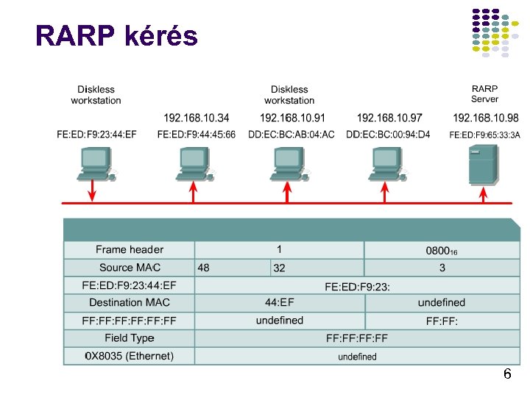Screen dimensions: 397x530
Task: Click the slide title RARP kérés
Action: pyautogui.click(x=116, y=35)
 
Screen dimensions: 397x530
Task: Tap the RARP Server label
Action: pyautogui.click(x=484, y=94)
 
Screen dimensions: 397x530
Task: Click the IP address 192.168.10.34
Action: pyautogui.click(x=196, y=118)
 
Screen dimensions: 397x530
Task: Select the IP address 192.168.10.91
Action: pyautogui.click(x=292, y=118)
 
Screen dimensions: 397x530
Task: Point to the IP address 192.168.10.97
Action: pyautogui.click(x=389, y=118)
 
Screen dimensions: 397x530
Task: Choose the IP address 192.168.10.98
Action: pyautogui.click(x=485, y=118)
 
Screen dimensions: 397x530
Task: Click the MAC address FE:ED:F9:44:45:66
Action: pyautogui.click(x=197, y=135)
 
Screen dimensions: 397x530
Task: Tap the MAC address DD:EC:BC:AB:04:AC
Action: pyautogui.click(x=291, y=135)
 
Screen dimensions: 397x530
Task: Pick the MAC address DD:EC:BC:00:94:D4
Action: pyautogui.click(x=388, y=135)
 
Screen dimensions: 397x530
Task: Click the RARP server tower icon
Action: pyautogui.click(x=484, y=165)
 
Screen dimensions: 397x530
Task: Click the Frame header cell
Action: pyautogui.click(x=130, y=250)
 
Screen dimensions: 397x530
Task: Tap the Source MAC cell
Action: pyautogui.click(x=130, y=268)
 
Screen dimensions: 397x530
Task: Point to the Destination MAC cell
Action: pyautogui.click(x=130, y=302)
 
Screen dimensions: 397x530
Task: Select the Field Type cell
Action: pyautogui.click(x=130, y=338)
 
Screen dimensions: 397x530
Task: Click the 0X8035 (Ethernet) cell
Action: pyautogui.click(x=130, y=356)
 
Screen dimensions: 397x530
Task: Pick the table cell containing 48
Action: pyautogui.click(x=233, y=268)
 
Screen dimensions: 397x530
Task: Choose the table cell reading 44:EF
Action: pyautogui.click(x=280, y=302)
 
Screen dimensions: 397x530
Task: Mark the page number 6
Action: pyautogui.click(x=506, y=374)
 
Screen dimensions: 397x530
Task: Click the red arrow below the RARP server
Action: pyautogui.click(x=484, y=193)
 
